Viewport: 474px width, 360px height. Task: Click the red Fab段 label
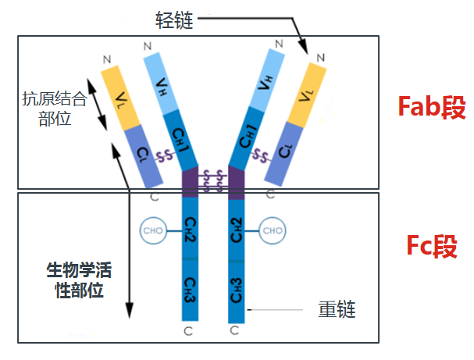click(432, 107)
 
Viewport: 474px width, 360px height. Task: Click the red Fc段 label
click(432, 246)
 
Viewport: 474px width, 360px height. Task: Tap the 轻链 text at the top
click(174, 20)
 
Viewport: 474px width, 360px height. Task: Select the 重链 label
click(337, 309)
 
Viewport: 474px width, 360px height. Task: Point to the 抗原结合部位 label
click(55, 109)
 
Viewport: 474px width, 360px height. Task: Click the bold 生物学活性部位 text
click(79, 280)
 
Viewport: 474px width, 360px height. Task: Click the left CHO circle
click(153, 230)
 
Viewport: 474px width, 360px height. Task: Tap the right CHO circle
click(273, 230)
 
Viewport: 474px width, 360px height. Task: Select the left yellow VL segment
click(120, 98)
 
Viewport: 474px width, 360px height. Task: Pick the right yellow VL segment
click(307, 95)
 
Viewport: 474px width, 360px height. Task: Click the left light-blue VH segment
click(162, 84)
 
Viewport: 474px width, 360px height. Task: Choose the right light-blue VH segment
click(266, 80)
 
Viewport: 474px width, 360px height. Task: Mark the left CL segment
click(144, 156)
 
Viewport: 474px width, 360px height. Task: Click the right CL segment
click(284, 154)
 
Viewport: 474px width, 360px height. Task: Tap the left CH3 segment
click(190, 290)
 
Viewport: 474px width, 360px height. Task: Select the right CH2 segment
click(237, 230)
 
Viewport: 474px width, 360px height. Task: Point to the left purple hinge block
click(190, 182)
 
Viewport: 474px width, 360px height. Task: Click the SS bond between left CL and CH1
click(164, 156)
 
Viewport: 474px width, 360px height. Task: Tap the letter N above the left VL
click(107, 59)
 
